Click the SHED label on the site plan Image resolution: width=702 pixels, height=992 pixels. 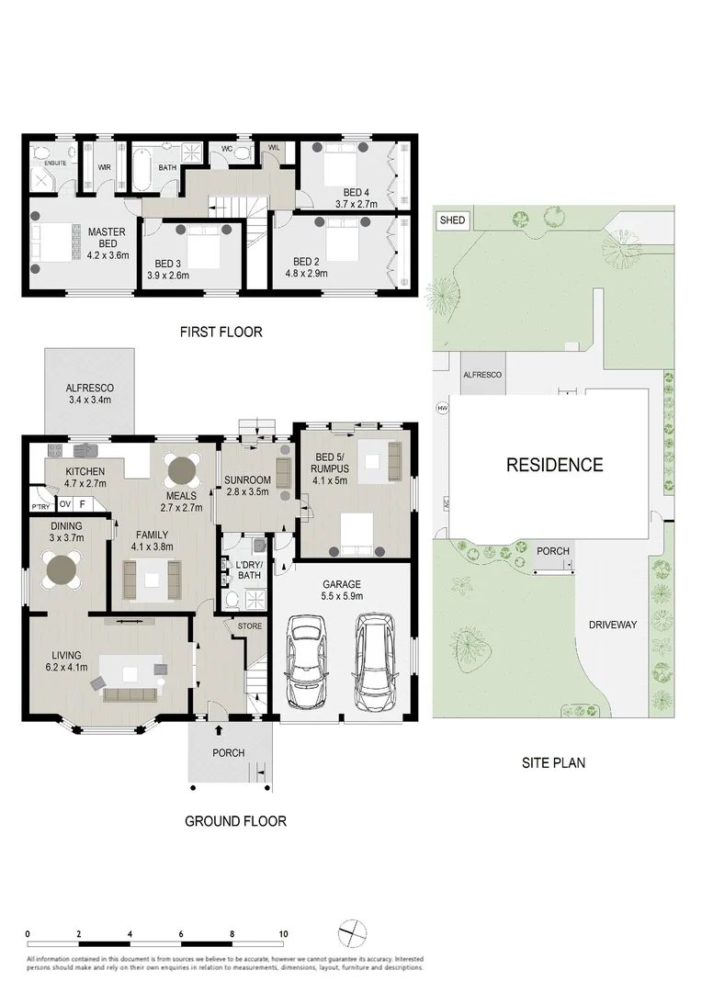click(x=453, y=220)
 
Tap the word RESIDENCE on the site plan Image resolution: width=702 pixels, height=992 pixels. click(x=555, y=465)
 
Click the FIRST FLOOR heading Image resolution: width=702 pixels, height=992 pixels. click(x=221, y=333)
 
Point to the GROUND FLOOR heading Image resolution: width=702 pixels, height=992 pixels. click(x=236, y=821)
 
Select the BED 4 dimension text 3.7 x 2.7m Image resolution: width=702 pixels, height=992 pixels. click(x=357, y=205)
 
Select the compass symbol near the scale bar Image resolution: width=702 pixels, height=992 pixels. click(x=350, y=933)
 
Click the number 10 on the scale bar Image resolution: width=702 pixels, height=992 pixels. click(x=283, y=933)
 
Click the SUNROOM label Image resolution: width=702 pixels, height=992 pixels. click(x=247, y=480)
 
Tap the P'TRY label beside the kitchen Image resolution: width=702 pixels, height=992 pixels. click(x=40, y=507)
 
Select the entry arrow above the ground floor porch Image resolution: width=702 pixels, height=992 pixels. click(x=219, y=731)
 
